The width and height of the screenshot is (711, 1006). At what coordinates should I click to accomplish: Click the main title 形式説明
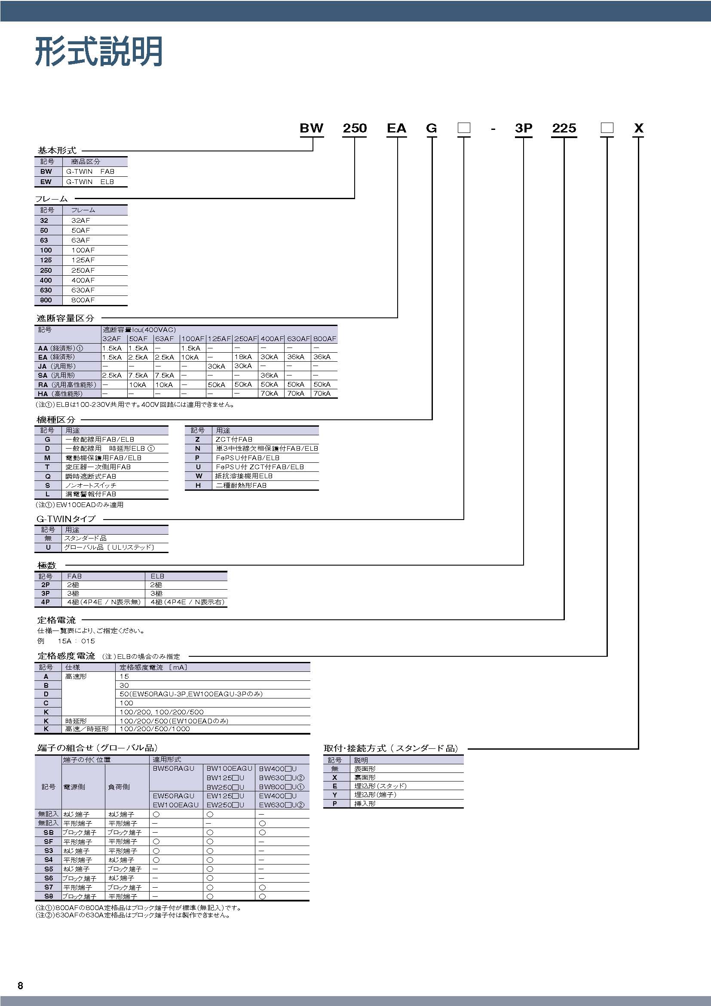click(x=99, y=52)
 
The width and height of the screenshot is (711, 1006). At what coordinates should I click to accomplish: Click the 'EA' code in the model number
click(x=396, y=128)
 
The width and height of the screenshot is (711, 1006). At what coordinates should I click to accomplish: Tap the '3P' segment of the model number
click(x=523, y=128)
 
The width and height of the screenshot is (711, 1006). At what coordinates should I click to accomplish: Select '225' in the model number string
click(x=564, y=128)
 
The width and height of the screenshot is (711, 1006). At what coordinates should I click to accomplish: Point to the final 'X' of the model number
click(x=638, y=128)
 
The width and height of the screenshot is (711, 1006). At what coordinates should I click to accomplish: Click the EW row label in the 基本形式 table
click(x=46, y=182)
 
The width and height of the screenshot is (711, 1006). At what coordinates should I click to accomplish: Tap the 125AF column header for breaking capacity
click(x=219, y=338)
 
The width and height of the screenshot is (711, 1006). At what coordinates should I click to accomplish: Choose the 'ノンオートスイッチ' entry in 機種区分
click(x=91, y=486)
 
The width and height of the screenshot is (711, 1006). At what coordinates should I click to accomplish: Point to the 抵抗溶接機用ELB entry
click(x=244, y=476)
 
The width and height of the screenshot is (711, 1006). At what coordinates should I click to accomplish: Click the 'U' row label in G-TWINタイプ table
click(x=48, y=547)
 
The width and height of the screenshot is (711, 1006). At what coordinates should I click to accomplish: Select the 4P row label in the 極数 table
click(x=46, y=602)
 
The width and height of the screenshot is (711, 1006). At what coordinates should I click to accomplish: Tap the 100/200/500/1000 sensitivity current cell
click(x=155, y=729)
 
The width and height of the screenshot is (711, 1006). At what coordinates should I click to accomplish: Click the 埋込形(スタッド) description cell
click(x=380, y=786)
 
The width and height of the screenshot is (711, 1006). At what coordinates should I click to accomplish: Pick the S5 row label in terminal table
click(x=48, y=869)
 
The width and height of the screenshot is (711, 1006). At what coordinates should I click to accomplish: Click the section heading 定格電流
click(x=56, y=620)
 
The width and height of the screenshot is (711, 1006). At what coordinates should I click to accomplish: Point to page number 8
click(x=20, y=985)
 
